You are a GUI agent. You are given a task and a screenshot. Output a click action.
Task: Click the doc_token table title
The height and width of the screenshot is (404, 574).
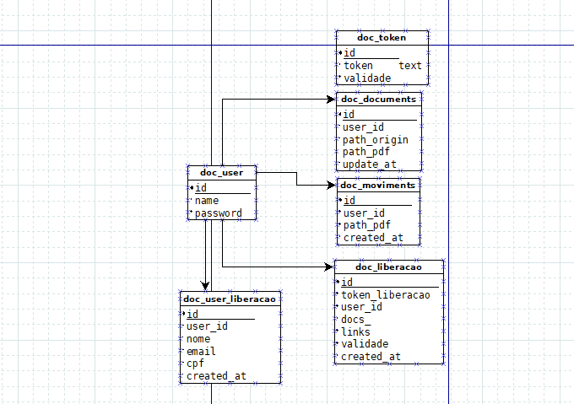pyautogui.click(x=382, y=37)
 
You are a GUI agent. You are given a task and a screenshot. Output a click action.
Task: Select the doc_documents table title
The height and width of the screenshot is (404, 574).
pyautogui.click(x=378, y=99)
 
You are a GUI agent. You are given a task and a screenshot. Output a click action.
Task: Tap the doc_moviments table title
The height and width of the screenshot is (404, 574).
pyautogui.click(x=377, y=185)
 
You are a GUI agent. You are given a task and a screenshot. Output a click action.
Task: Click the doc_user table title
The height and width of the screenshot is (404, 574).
pyautogui.click(x=221, y=172)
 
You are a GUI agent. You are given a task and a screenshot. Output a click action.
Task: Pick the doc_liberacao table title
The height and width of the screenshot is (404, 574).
pyautogui.click(x=388, y=267)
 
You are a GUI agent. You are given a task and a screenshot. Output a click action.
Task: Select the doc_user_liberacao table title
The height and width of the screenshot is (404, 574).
pyautogui.click(x=229, y=299)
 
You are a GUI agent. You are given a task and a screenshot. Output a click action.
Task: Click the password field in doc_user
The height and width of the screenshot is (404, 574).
pyautogui.click(x=219, y=214)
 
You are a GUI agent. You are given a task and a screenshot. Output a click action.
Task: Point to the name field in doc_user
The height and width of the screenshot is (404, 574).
pyautogui.click(x=207, y=201)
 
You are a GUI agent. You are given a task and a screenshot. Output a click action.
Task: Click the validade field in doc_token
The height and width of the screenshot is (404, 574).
pyautogui.click(x=367, y=78)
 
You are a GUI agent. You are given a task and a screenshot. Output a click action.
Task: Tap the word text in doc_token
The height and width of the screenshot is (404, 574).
pyautogui.click(x=410, y=65)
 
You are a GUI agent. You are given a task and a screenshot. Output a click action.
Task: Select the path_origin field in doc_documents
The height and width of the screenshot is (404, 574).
pyautogui.click(x=375, y=139)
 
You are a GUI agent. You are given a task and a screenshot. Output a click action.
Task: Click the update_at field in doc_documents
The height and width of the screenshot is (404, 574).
pyautogui.click(x=369, y=164)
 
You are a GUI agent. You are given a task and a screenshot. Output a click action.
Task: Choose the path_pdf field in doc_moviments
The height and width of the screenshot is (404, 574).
pyautogui.click(x=366, y=225)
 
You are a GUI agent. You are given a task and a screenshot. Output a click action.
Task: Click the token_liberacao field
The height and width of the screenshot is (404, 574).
pyautogui.click(x=385, y=294)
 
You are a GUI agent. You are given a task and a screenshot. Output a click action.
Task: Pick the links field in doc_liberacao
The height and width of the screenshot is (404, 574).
pyautogui.click(x=355, y=331)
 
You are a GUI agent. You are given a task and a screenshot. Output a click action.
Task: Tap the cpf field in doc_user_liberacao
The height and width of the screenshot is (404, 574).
pyautogui.click(x=195, y=364)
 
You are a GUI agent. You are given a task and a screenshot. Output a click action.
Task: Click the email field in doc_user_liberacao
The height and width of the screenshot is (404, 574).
pyautogui.click(x=200, y=351)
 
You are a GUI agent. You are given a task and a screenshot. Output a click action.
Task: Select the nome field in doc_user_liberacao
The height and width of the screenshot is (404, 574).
pyautogui.click(x=198, y=338)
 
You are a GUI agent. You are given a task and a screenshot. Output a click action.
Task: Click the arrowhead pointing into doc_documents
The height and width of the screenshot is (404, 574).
pyautogui.click(x=331, y=100)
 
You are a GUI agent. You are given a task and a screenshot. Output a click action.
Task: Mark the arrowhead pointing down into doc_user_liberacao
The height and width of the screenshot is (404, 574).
pyautogui.click(x=205, y=285)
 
